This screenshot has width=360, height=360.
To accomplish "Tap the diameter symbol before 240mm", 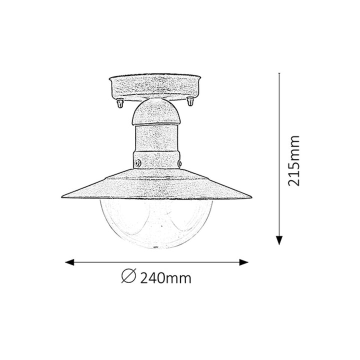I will (128, 276).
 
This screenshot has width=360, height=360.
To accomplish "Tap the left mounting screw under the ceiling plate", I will (119, 103).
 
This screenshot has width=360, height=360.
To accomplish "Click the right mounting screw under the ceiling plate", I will (190, 102).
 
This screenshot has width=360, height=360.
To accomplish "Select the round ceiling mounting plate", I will (155, 86).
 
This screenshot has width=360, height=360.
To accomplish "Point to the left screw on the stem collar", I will (137, 162).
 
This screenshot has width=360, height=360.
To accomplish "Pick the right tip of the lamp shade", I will (250, 196).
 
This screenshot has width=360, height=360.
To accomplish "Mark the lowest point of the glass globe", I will (156, 248).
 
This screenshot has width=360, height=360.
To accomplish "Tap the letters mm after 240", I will (179, 278).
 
